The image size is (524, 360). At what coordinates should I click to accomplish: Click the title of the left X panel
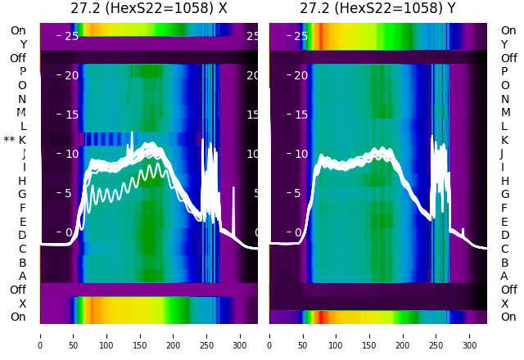coord(148,9)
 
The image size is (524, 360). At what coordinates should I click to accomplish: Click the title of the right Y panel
coord(378,9)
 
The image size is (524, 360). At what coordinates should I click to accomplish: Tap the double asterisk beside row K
coord(9,140)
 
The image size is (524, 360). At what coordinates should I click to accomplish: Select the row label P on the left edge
coord(22,72)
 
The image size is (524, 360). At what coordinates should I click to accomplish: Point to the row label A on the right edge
coord(504,276)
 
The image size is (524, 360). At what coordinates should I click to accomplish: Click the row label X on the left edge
coord(22,304)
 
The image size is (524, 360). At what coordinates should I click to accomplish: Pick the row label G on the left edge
coord(22,194)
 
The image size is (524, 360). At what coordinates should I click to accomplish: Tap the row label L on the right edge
coord(504,126)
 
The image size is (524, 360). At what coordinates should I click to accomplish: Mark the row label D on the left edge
coord(22,235)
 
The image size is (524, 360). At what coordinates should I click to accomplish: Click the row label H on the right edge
coord(504,181)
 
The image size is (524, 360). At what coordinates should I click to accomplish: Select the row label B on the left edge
coord(22,263)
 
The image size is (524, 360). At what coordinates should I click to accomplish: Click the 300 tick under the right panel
coord(470,335)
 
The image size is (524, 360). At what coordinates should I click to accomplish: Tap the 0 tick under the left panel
coord(40,335)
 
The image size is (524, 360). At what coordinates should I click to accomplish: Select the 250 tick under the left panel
coord(207,335)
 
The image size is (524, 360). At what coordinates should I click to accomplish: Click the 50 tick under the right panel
coord(303,335)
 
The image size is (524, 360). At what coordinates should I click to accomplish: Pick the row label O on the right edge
coord(504,85)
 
